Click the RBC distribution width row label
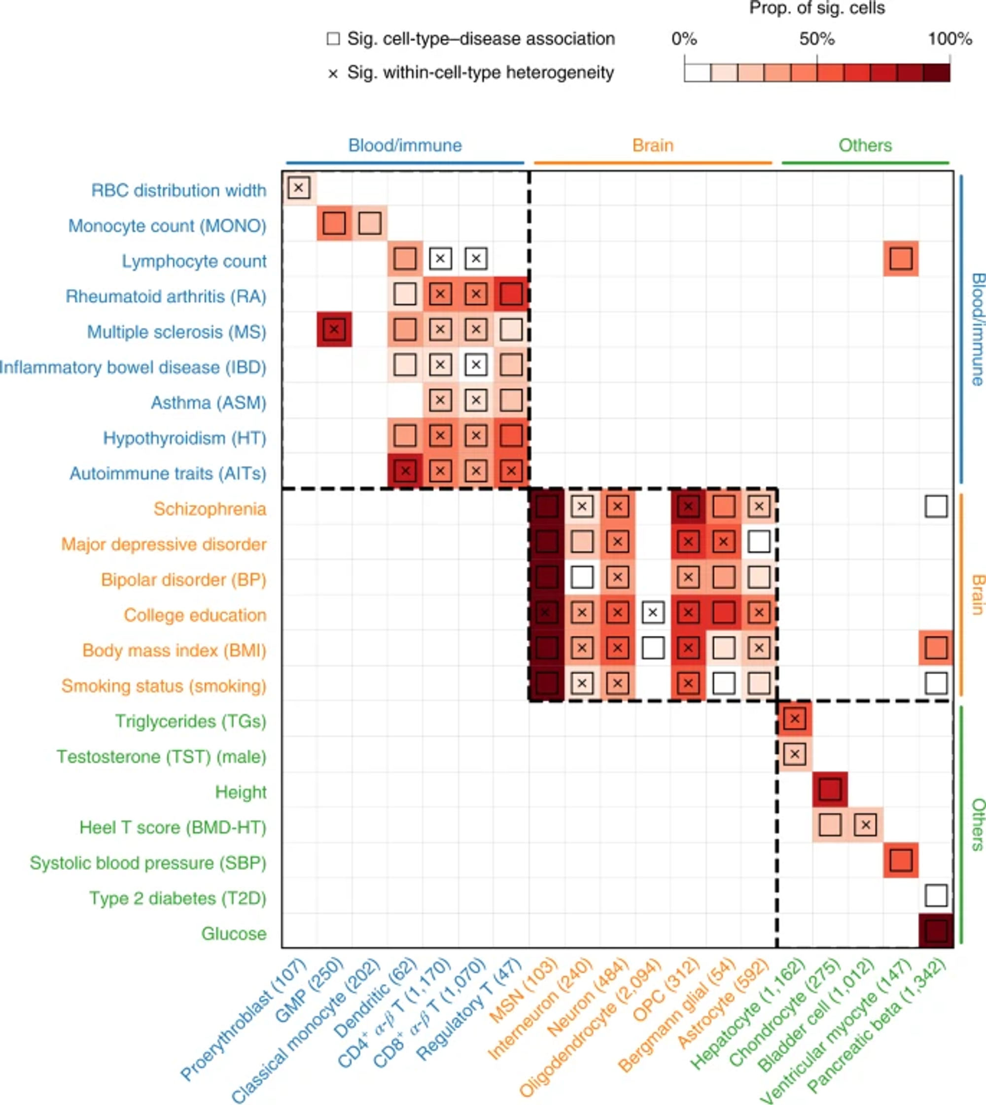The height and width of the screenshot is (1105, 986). (178, 190)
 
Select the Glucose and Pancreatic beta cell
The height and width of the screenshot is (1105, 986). (936, 931)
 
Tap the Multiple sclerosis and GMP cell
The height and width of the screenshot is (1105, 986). (334, 329)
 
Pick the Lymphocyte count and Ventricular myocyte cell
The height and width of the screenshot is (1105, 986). (900, 258)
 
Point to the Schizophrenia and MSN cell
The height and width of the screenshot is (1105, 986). (547, 507)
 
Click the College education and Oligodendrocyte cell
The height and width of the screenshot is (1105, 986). (652, 612)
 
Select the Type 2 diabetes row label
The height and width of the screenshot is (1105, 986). (177, 898)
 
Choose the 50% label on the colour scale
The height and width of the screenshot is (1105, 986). (816, 39)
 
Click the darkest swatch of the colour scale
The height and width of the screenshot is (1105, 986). (937, 72)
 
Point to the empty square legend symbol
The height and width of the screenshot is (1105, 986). (333, 39)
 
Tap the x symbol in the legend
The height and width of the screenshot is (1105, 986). (333, 73)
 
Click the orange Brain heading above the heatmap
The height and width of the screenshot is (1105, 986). (652, 145)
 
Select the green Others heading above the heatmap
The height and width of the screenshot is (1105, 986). (865, 145)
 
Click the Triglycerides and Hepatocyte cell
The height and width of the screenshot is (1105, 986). (794, 719)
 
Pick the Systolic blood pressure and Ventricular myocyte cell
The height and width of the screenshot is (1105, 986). (900, 860)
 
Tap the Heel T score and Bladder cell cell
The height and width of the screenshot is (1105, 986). (865, 825)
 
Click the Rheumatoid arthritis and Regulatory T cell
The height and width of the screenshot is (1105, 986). (511, 294)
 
